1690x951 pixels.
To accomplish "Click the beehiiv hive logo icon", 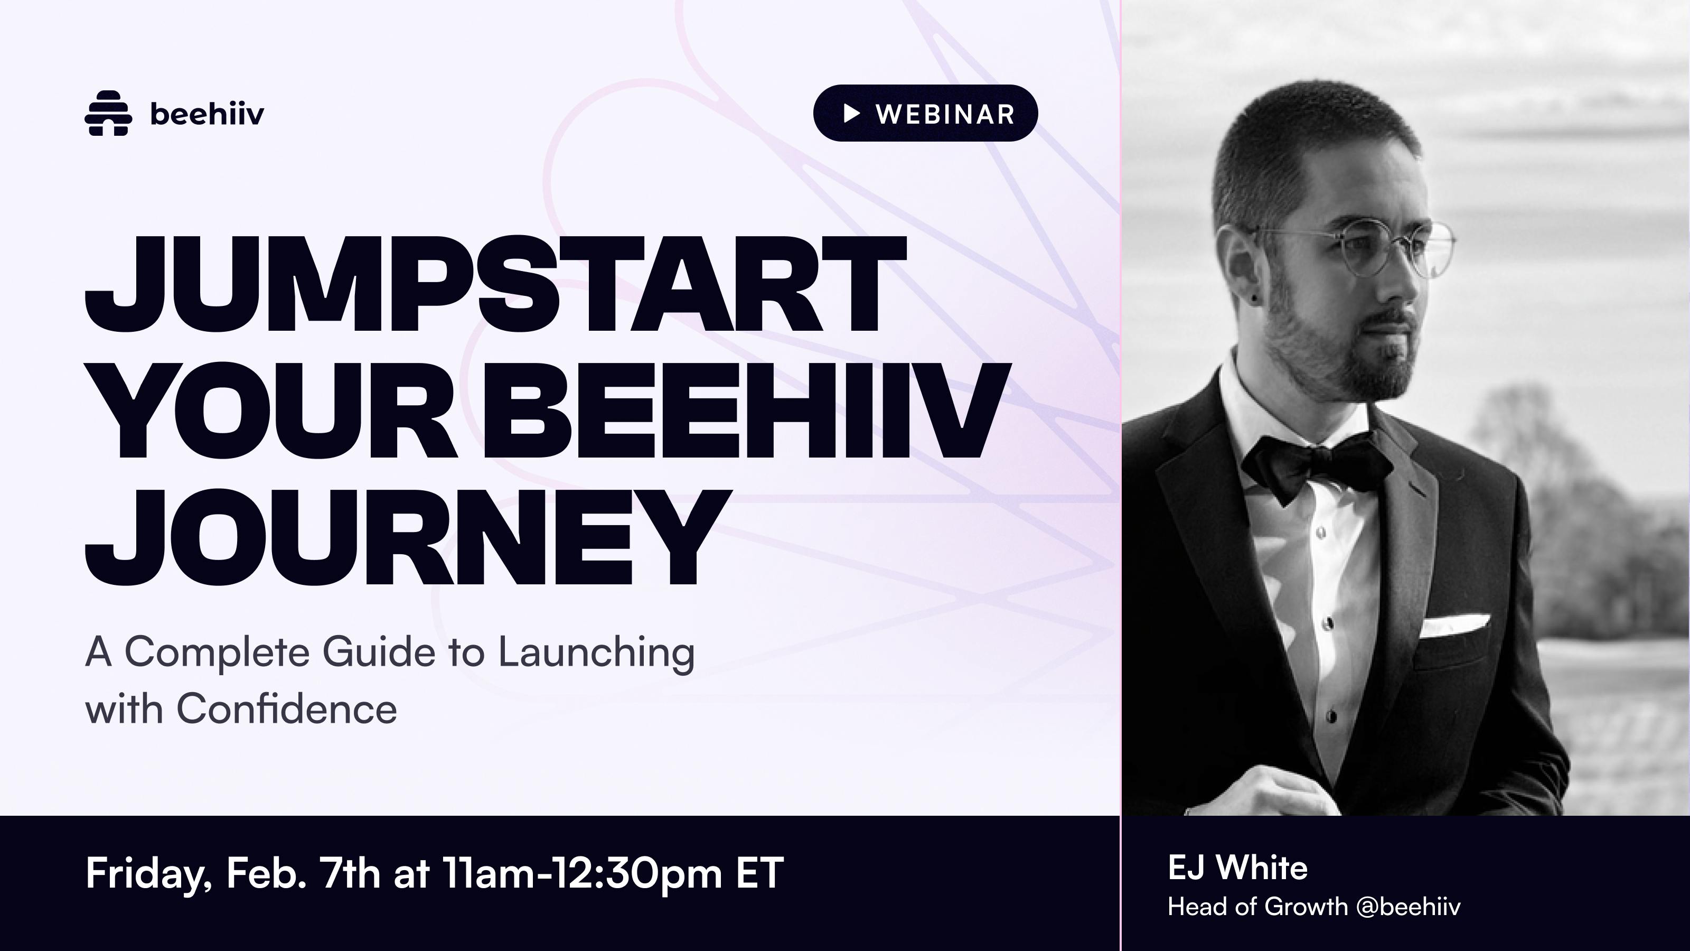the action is click(x=108, y=114).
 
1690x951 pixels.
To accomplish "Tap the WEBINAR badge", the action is click(x=925, y=114).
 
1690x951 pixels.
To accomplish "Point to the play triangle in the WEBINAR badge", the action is click(x=851, y=114).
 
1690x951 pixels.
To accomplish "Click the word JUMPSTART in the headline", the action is click(x=495, y=285).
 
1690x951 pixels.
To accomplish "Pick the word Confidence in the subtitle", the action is click(x=286, y=709).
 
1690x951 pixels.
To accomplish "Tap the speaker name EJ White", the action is click(x=1237, y=868).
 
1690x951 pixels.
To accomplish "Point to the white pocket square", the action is click(x=1454, y=626).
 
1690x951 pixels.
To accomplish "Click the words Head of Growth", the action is click(x=1257, y=907).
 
